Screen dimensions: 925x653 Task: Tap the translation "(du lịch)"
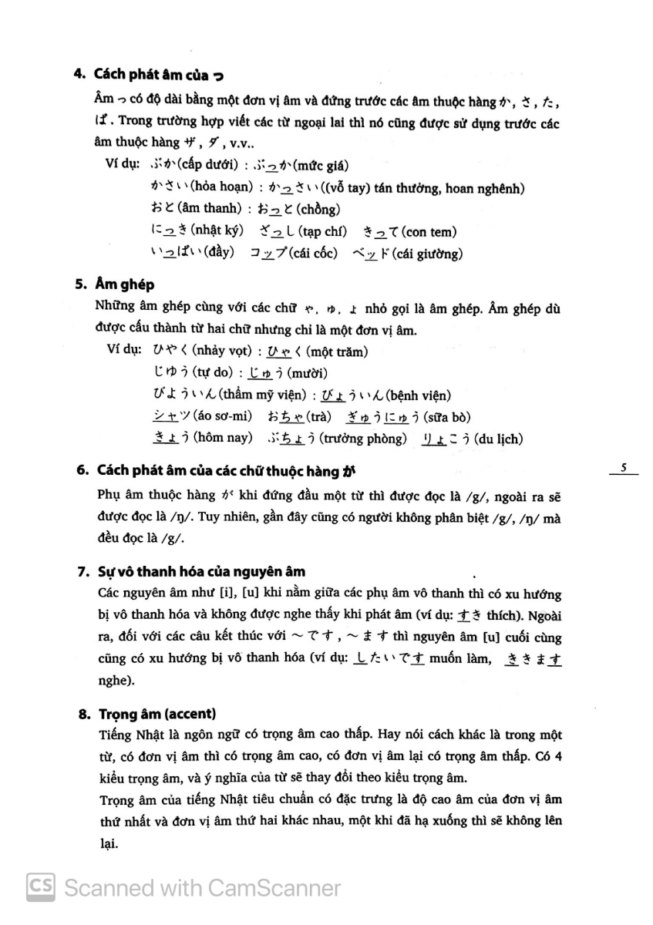tap(500, 439)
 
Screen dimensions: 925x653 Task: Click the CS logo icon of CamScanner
tap(40, 888)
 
